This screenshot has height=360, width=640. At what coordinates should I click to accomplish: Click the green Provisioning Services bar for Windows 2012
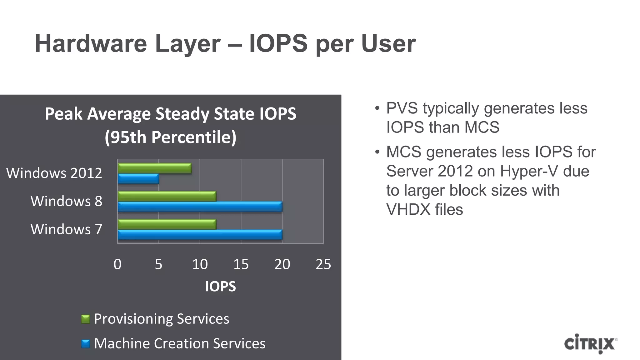(x=155, y=168)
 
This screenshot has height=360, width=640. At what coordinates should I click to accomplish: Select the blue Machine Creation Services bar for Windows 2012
(x=138, y=179)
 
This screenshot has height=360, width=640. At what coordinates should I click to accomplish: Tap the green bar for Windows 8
(x=167, y=196)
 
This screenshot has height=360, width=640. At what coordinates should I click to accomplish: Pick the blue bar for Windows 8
(x=200, y=207)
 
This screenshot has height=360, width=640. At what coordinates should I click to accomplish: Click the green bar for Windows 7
(x=167, y=224)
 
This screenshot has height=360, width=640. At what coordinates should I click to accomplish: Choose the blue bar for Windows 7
(x=200, y=235)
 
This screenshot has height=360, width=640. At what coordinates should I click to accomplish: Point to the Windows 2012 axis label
(x=54, y=173)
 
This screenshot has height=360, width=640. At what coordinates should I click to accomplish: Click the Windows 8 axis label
(x=66, y=201)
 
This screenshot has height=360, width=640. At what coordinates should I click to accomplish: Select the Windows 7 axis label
(x=66, y=229)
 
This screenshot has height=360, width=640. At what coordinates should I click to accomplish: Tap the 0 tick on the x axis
(x=117, y=264)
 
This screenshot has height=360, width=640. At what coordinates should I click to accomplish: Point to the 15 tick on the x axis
(x=241, y=264)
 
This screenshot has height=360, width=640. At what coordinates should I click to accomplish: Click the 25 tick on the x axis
(x=323, y=264)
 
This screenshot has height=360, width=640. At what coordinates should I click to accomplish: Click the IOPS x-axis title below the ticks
(x=220, y=287)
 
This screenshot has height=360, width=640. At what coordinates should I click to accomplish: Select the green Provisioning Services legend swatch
(x=85, y=319)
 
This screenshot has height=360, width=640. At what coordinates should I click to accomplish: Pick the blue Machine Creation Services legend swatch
(x=85, y=344)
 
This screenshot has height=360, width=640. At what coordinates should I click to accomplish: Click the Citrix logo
(x=590, y=344)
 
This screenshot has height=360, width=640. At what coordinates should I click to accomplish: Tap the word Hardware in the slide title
(x=91, y=44)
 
